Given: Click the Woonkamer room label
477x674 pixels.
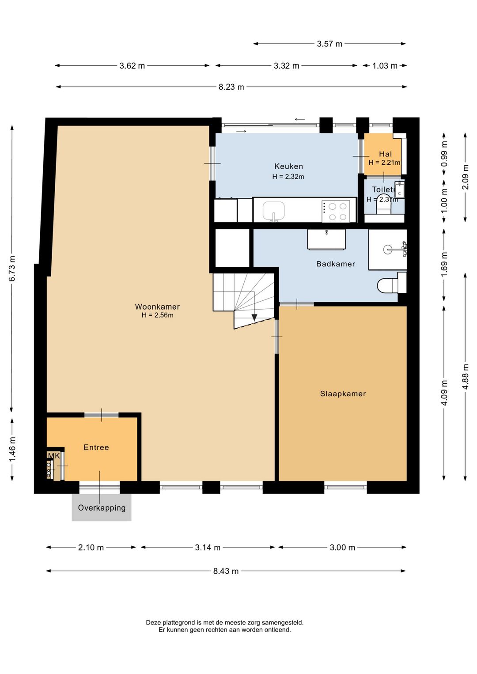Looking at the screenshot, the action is pyautogui.click(x=157, y=307).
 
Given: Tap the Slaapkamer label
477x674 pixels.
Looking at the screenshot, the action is pyautogui.click(x=343, y=394).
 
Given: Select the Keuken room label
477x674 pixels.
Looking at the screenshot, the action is pyautogui.click(x=288, y=166).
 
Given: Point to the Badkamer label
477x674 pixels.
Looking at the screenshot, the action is pyautogui.click(x=336, y=264).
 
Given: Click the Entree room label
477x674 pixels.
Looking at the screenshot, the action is pyautogui.click(x=96, y=447).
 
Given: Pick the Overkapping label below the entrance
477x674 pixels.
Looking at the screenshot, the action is pyautogui.click(x=102, y=507).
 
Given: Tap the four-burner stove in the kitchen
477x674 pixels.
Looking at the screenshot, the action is pyautogui.click(x=336, y=211).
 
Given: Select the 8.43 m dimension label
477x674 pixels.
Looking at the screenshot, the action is pyautogui.click(x=226, y=571).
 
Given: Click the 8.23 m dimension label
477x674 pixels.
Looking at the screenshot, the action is pyautogui.click(x=231, y=87).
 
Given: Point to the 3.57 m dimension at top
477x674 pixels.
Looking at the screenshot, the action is pyautogui.click(x=329, y=44).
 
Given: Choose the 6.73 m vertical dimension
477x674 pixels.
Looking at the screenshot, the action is pyautogui.click(x=12, y=269).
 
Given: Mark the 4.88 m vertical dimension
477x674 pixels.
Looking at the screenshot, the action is pyautogui.click(x=466, y=377).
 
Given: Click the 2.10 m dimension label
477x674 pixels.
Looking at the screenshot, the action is pyautogui.click(x=91, y=547).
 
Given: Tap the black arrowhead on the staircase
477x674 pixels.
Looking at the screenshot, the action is pyautogui.click(x=254, y=317).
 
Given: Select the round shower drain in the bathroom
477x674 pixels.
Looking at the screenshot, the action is pyautogui.click(x=387, y=249).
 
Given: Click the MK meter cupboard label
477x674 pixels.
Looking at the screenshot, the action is pyautogui.click(x=54, y=456).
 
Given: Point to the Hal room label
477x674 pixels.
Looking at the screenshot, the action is pyautogui.click(x=385, y=154).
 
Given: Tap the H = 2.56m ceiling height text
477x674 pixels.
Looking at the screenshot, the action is pyautogui.click(x=157, y=315).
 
